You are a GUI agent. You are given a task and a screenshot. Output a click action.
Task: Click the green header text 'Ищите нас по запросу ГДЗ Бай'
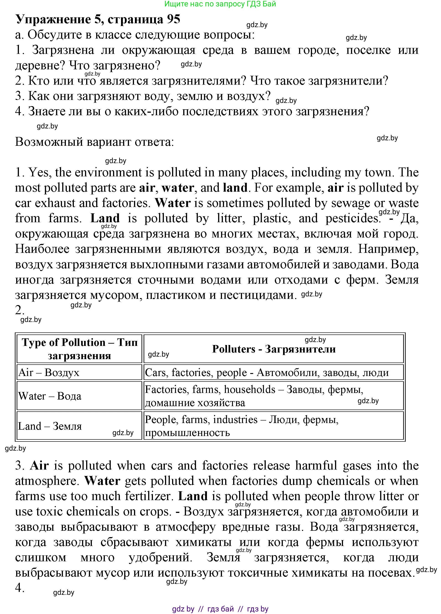coord(220,4)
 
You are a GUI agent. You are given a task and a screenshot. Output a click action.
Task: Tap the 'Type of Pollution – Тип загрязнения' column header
coord(80,349)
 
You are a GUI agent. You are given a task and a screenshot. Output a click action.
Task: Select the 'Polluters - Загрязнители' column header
coord(274,349)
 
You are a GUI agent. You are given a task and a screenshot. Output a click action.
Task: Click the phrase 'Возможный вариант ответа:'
coord(94,142)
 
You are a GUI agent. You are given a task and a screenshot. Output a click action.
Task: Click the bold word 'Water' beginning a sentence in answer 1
coord(173,203)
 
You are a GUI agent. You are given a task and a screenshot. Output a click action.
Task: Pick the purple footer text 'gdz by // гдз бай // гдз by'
coord(220,609)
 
